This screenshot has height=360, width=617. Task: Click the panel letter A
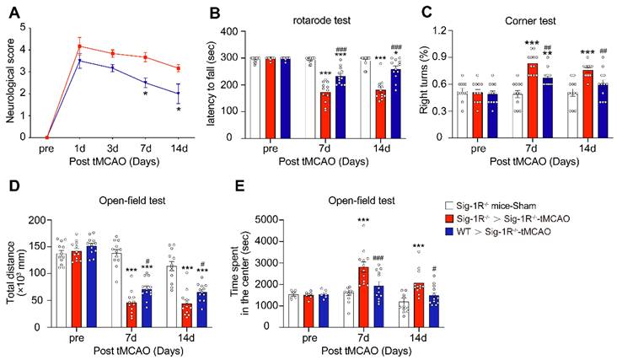coord(13,11)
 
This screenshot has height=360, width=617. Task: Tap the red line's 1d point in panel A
coord(79,46)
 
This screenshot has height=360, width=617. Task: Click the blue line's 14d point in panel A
coord(177,93)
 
